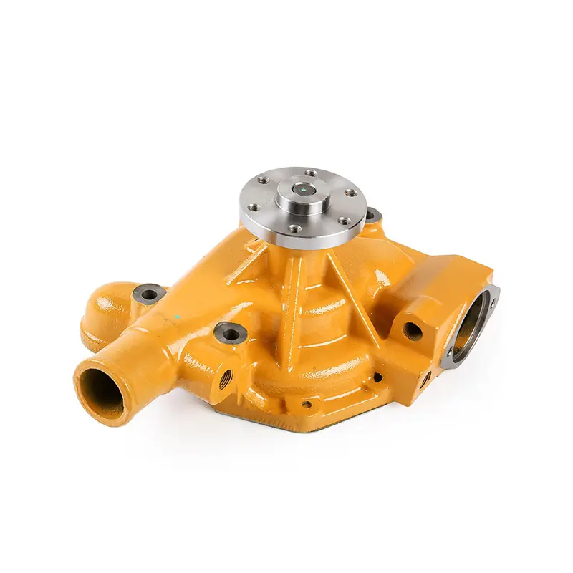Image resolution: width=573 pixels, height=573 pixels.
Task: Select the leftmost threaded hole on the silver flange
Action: click(252, 208)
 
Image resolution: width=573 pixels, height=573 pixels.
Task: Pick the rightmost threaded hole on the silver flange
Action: click(350, 193)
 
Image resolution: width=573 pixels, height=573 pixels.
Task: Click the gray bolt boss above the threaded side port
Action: click(230, 332)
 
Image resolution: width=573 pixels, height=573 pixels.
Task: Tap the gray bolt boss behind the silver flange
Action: click(373, 215)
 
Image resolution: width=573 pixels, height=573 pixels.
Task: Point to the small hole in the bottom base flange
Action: click(307, 405)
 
